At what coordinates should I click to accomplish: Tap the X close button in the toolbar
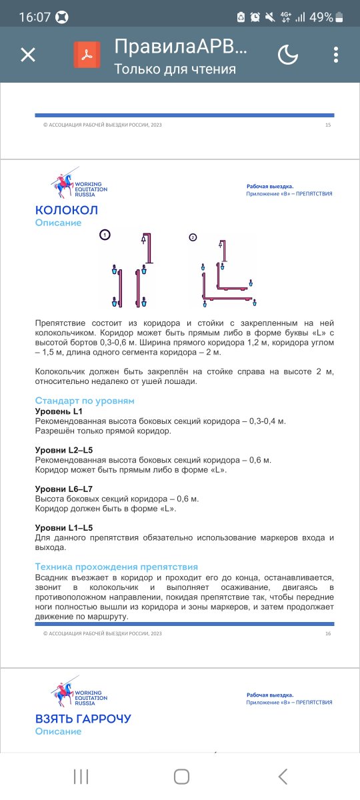click(28, 55)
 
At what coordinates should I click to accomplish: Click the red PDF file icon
click(87, 55)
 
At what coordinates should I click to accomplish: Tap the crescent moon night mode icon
click(287, 55)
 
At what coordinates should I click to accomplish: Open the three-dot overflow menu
click(335, 55)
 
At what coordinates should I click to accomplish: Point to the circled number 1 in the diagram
click(105, 234)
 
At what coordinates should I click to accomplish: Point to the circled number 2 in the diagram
click(193, 237)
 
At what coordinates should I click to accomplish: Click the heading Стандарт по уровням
click(85, 401)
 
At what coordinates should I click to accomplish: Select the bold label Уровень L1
click(59, 411)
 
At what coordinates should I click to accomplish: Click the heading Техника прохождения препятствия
click(117, 566)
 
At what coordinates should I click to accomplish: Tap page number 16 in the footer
click(328, 633)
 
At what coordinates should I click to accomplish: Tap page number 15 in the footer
click(328, 125)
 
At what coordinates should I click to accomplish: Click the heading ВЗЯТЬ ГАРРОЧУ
click(83, 719)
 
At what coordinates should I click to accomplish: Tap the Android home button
click(181, 775)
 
